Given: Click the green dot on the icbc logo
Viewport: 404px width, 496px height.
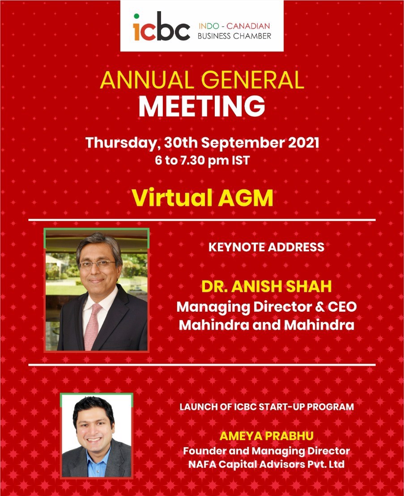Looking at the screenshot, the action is coord(136,16).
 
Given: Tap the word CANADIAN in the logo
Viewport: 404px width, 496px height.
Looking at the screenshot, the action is coord(248,26).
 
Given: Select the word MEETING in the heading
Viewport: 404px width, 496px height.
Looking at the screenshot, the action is coord(202,106).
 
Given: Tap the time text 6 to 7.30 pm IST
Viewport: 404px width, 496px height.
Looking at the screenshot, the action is coord(203,161).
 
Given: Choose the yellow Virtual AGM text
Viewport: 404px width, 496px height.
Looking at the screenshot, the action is coord(203,198).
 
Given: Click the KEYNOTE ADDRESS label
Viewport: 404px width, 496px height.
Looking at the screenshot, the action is coord(266,247).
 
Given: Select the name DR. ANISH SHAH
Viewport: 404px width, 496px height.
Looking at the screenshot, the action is coord(266,287).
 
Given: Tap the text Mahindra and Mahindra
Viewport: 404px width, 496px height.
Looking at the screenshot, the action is coord(266,325).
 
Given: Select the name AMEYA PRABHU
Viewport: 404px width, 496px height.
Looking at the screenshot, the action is coord(266,436).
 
